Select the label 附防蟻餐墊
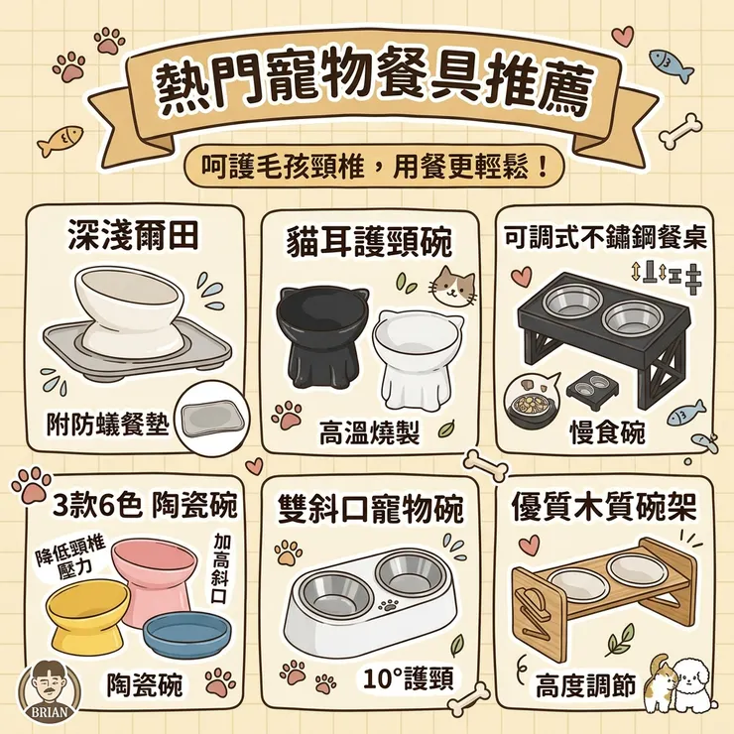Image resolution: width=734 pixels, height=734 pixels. point(108,424)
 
